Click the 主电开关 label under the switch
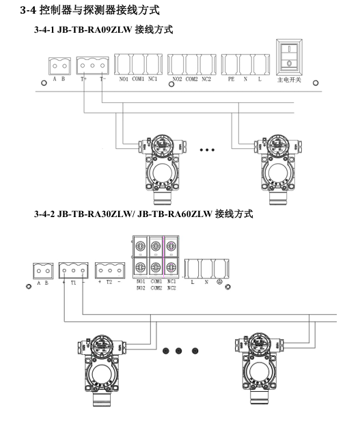click(289, 80)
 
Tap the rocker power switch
click(289, 57)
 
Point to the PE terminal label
click(231, 79)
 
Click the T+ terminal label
click(83, 79)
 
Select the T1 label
click(74, 283)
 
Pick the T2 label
click(109, 282)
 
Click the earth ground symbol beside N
click(219, 282)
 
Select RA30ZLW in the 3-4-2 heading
click(110, 214)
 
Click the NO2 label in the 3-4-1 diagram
click(178, 79)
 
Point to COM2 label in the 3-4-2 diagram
click(156, 288)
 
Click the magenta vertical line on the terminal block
click(163, 257)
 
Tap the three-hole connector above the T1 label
click(74, 270)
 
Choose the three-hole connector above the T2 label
click(110, 270)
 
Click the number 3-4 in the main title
click(28, 10)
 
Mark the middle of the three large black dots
click(178, 351)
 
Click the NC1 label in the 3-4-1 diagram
click(152, 79)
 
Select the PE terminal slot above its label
click(230, 65)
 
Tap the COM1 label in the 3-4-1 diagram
click(138, 79)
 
